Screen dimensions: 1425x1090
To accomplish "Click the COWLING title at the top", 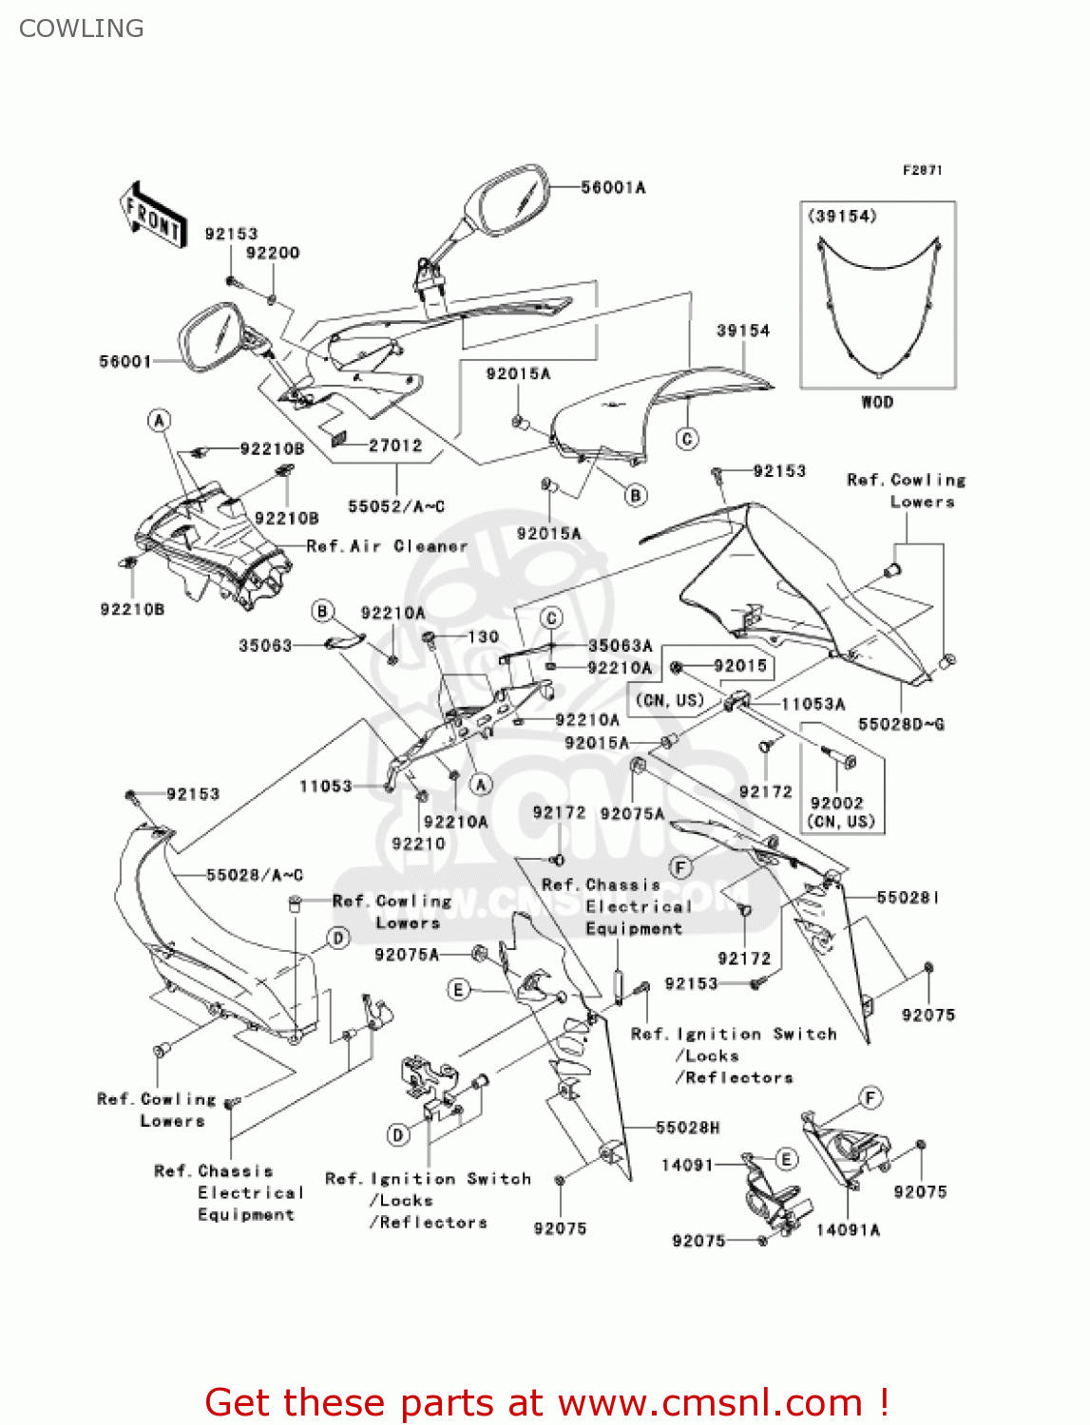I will [x=82, y=28].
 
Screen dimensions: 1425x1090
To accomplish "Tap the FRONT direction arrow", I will [x=152, y=215].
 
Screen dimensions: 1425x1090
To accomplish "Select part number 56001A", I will [x=613, y=188].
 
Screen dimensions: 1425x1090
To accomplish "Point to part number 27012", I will [x=395, y=445].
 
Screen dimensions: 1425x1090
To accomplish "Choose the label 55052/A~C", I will [x=395, y=506].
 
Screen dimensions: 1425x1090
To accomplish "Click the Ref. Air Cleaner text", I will [x=388, y=546].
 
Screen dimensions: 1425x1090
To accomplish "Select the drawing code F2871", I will [x=922, y=170].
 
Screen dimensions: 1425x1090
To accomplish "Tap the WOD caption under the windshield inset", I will [x=876, y=402].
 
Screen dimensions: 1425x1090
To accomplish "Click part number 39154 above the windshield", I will [x=742, y=331].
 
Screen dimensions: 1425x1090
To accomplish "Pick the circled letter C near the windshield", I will [x=687, y=438].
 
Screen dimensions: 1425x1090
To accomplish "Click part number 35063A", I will [x=620, y=646].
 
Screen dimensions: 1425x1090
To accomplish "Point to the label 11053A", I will [x=813, y=704].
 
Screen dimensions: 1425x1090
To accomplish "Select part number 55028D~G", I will [x=901, y=724].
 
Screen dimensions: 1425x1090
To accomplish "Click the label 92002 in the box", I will [x=836, y=803].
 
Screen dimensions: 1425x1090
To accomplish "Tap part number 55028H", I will [x=687, y=1128].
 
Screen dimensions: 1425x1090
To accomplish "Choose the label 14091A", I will [x=848, y=1229].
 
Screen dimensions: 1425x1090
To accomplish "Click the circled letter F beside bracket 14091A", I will [x=870, y=1098].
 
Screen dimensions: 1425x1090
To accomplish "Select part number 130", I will [x=484, y=636].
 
